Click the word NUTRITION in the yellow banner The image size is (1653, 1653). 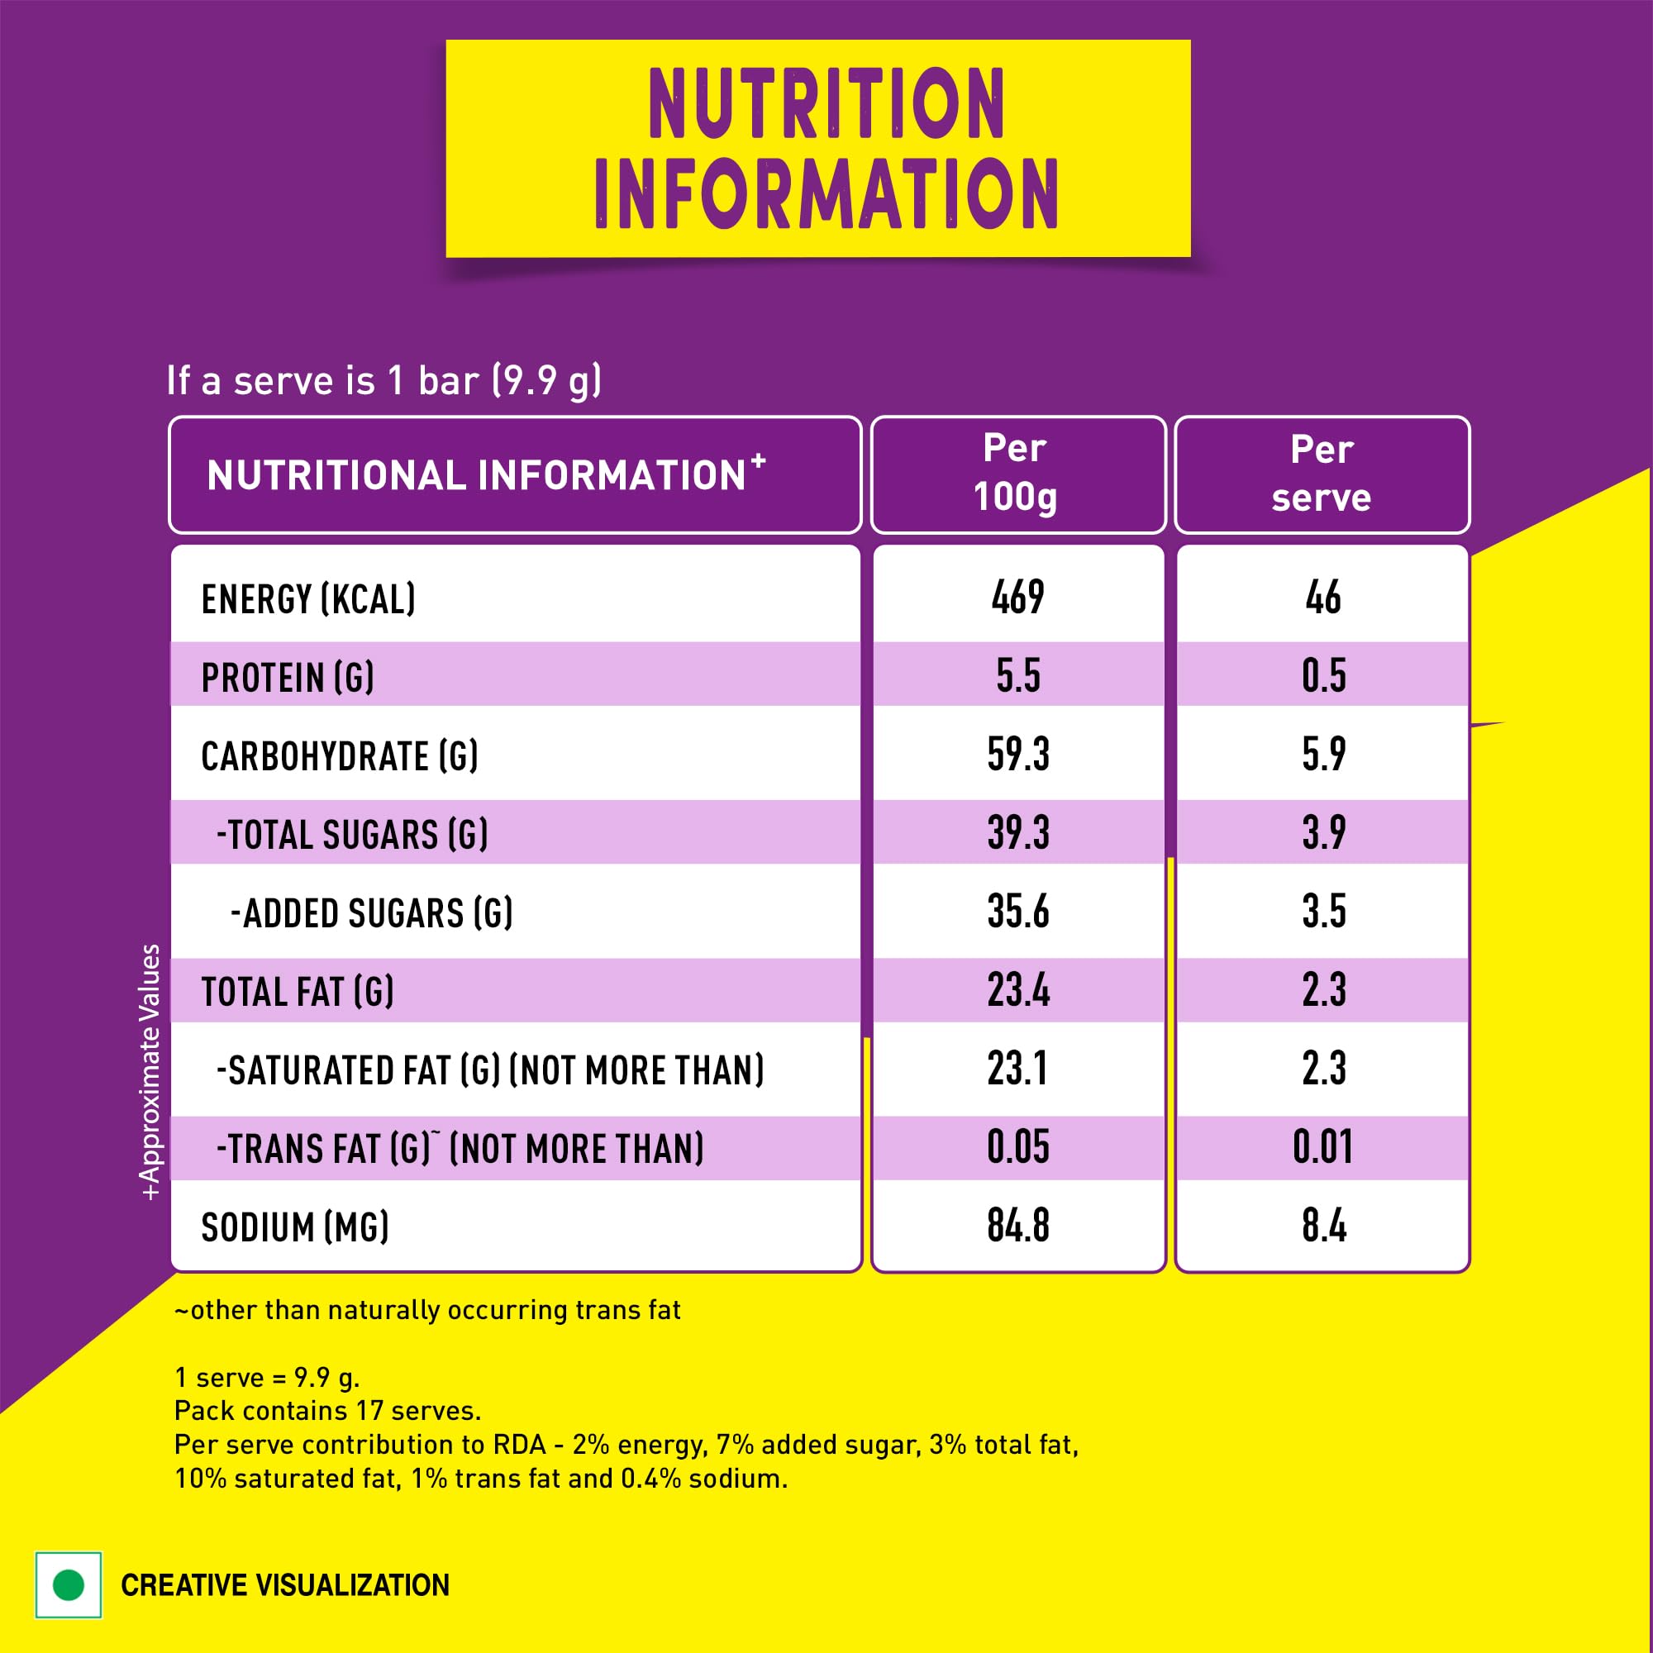point(826,103)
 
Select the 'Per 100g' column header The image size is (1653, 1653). point(1017,473)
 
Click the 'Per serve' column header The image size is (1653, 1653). point(1321,474)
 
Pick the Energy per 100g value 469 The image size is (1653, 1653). point(1017,598)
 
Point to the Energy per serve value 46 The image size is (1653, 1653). point(1322,598)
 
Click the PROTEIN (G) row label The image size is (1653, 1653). point(288,678)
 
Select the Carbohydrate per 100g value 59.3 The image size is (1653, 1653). point(1017,755)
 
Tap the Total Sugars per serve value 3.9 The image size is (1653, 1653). point(1322,833)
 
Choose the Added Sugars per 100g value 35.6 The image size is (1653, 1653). point(1017,912)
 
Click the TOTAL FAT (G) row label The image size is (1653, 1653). point(297,992)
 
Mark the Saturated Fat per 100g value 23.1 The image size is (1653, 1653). point(1017,1069)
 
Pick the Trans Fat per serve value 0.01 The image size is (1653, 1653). point(1322,1148)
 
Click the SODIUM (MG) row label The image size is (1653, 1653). point(294,1227)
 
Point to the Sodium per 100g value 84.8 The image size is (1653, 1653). point(1017,1226)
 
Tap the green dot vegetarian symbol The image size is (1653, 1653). point(69,1584)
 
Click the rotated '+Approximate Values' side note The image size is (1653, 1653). point(150,1072)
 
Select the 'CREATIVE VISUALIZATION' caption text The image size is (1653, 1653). point(285,1585)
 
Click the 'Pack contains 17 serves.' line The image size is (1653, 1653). point(327,1411)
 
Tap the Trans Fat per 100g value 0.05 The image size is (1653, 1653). point(1017,1148)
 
